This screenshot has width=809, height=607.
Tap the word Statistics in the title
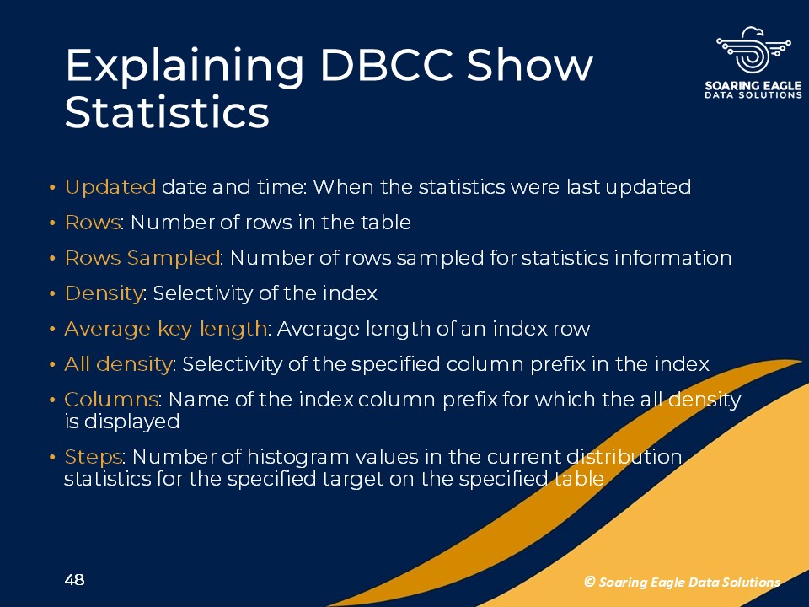click(167, 112)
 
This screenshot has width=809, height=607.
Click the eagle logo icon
click(753, 50)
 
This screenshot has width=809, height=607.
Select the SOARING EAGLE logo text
click(753, 85)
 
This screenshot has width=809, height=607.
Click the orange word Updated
click(110, 187)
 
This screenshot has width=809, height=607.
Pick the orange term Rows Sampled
click(142, 258)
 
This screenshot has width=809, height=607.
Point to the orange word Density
click(104, 293)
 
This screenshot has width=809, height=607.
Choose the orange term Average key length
click(166, 329)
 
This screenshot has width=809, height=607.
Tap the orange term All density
click(118, 364)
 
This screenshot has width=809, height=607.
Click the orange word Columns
click(111, 400)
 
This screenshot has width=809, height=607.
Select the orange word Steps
click(94, 457)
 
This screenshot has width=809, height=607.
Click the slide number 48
click(75, 580)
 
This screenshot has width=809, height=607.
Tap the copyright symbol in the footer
click(590, 582)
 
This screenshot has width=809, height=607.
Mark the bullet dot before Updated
click(52, 188)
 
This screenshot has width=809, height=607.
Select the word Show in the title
click(530, 65)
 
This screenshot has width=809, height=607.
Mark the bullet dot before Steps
click(52, 458)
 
